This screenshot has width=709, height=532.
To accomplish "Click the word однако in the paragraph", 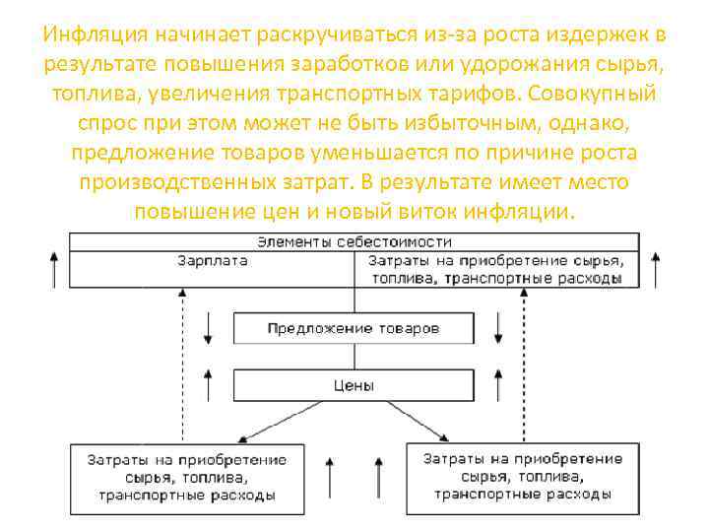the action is (x=591, y=124).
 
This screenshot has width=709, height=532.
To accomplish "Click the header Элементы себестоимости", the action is (x=354, y=241).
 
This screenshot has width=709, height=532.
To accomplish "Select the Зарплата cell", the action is (x=212, y=261).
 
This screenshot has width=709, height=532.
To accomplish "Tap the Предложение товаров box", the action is (x=354, y=328).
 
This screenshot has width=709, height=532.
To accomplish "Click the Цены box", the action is (x=354, y=386).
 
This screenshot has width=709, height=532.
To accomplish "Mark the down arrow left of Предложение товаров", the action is (x=209, y=328).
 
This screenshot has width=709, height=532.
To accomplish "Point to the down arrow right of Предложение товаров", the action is (x=498, y=328).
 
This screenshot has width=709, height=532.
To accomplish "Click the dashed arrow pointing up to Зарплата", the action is (x=182, y=365).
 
